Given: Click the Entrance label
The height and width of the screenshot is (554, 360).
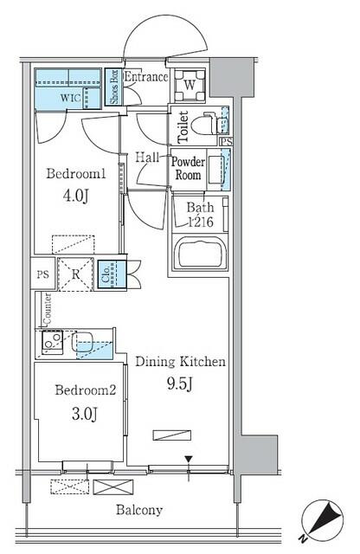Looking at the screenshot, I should point(145,78).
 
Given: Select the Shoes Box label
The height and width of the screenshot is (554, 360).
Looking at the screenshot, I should point(113,87).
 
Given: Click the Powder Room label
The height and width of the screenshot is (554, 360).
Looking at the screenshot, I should point(188,167).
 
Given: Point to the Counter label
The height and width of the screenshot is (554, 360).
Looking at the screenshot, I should point(41,307).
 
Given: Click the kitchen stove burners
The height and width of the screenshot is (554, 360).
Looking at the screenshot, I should point(48,345).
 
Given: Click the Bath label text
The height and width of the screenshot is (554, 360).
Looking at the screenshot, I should point(199,209).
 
